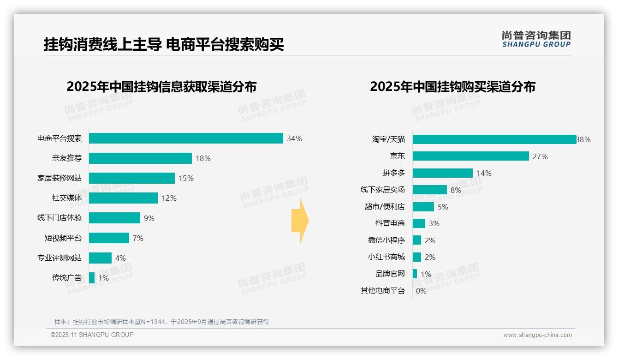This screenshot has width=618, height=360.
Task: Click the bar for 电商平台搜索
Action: point(186,138)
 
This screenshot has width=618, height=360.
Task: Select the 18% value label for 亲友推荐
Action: point(203,158)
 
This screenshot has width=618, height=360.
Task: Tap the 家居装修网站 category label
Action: point(59,178)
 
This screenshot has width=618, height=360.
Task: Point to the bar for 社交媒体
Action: point(123,198)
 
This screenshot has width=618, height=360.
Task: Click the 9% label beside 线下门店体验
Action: point(149,218)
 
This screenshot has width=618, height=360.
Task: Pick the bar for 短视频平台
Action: point(109,238)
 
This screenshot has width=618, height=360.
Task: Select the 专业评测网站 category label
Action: point(59,258)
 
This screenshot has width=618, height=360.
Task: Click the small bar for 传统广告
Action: point(92,278)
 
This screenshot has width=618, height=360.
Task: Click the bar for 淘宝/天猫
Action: point(494,139)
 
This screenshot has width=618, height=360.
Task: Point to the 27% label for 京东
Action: point(540,156)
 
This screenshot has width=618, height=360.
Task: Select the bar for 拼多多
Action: point(443,173)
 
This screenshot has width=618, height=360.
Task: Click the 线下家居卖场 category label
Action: point(383,190)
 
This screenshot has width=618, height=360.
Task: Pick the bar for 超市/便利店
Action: point(423,207)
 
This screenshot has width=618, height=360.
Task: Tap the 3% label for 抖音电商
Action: point(434,223)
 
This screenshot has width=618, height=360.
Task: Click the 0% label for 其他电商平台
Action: point(421,291)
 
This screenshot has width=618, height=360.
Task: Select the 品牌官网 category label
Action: point(390,274)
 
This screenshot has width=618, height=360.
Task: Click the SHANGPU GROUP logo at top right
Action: point(536,39)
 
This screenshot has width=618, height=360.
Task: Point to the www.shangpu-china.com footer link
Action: point(537,335)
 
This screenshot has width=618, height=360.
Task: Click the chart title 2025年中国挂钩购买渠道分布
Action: point(452,87)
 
